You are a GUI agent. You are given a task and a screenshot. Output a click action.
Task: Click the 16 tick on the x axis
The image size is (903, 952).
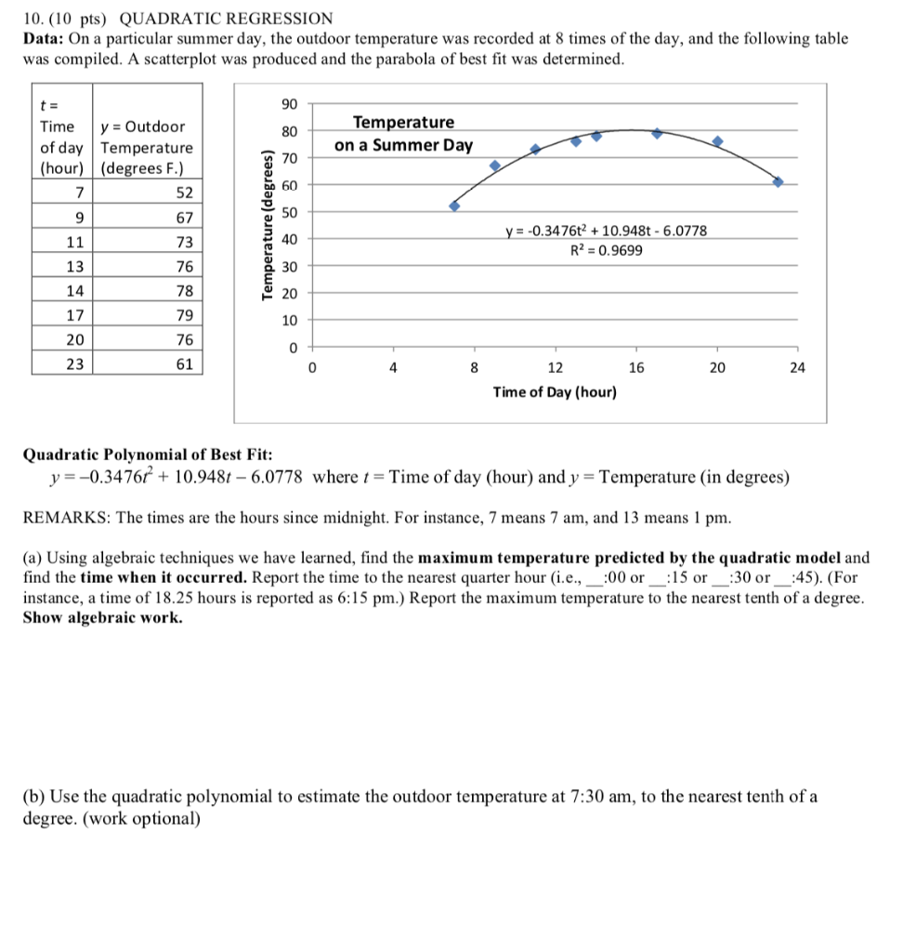point(635,367)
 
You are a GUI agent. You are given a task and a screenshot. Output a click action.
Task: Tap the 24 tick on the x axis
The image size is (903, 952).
point(797,367)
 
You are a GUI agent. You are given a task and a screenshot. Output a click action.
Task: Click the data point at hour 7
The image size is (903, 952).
point(454,205)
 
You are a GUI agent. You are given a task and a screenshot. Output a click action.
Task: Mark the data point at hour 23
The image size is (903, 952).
point(778,181)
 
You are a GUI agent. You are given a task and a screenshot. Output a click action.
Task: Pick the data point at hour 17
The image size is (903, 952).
point(657,133)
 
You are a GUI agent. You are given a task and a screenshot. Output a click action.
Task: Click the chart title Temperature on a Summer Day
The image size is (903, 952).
point(404,134)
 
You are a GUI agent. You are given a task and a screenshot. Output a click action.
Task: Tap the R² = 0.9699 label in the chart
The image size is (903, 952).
point(606,250)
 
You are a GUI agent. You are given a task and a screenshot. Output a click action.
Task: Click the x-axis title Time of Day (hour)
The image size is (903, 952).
point(555,392)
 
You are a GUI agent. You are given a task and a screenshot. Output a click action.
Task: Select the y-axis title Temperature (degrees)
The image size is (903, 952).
point(268,224)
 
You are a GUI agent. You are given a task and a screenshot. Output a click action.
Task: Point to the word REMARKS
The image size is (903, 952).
point(61,517)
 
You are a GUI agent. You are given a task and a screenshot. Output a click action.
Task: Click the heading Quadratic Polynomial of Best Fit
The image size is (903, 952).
point(148,455)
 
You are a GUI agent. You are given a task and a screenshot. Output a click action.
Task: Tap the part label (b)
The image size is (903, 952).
point(34,796)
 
